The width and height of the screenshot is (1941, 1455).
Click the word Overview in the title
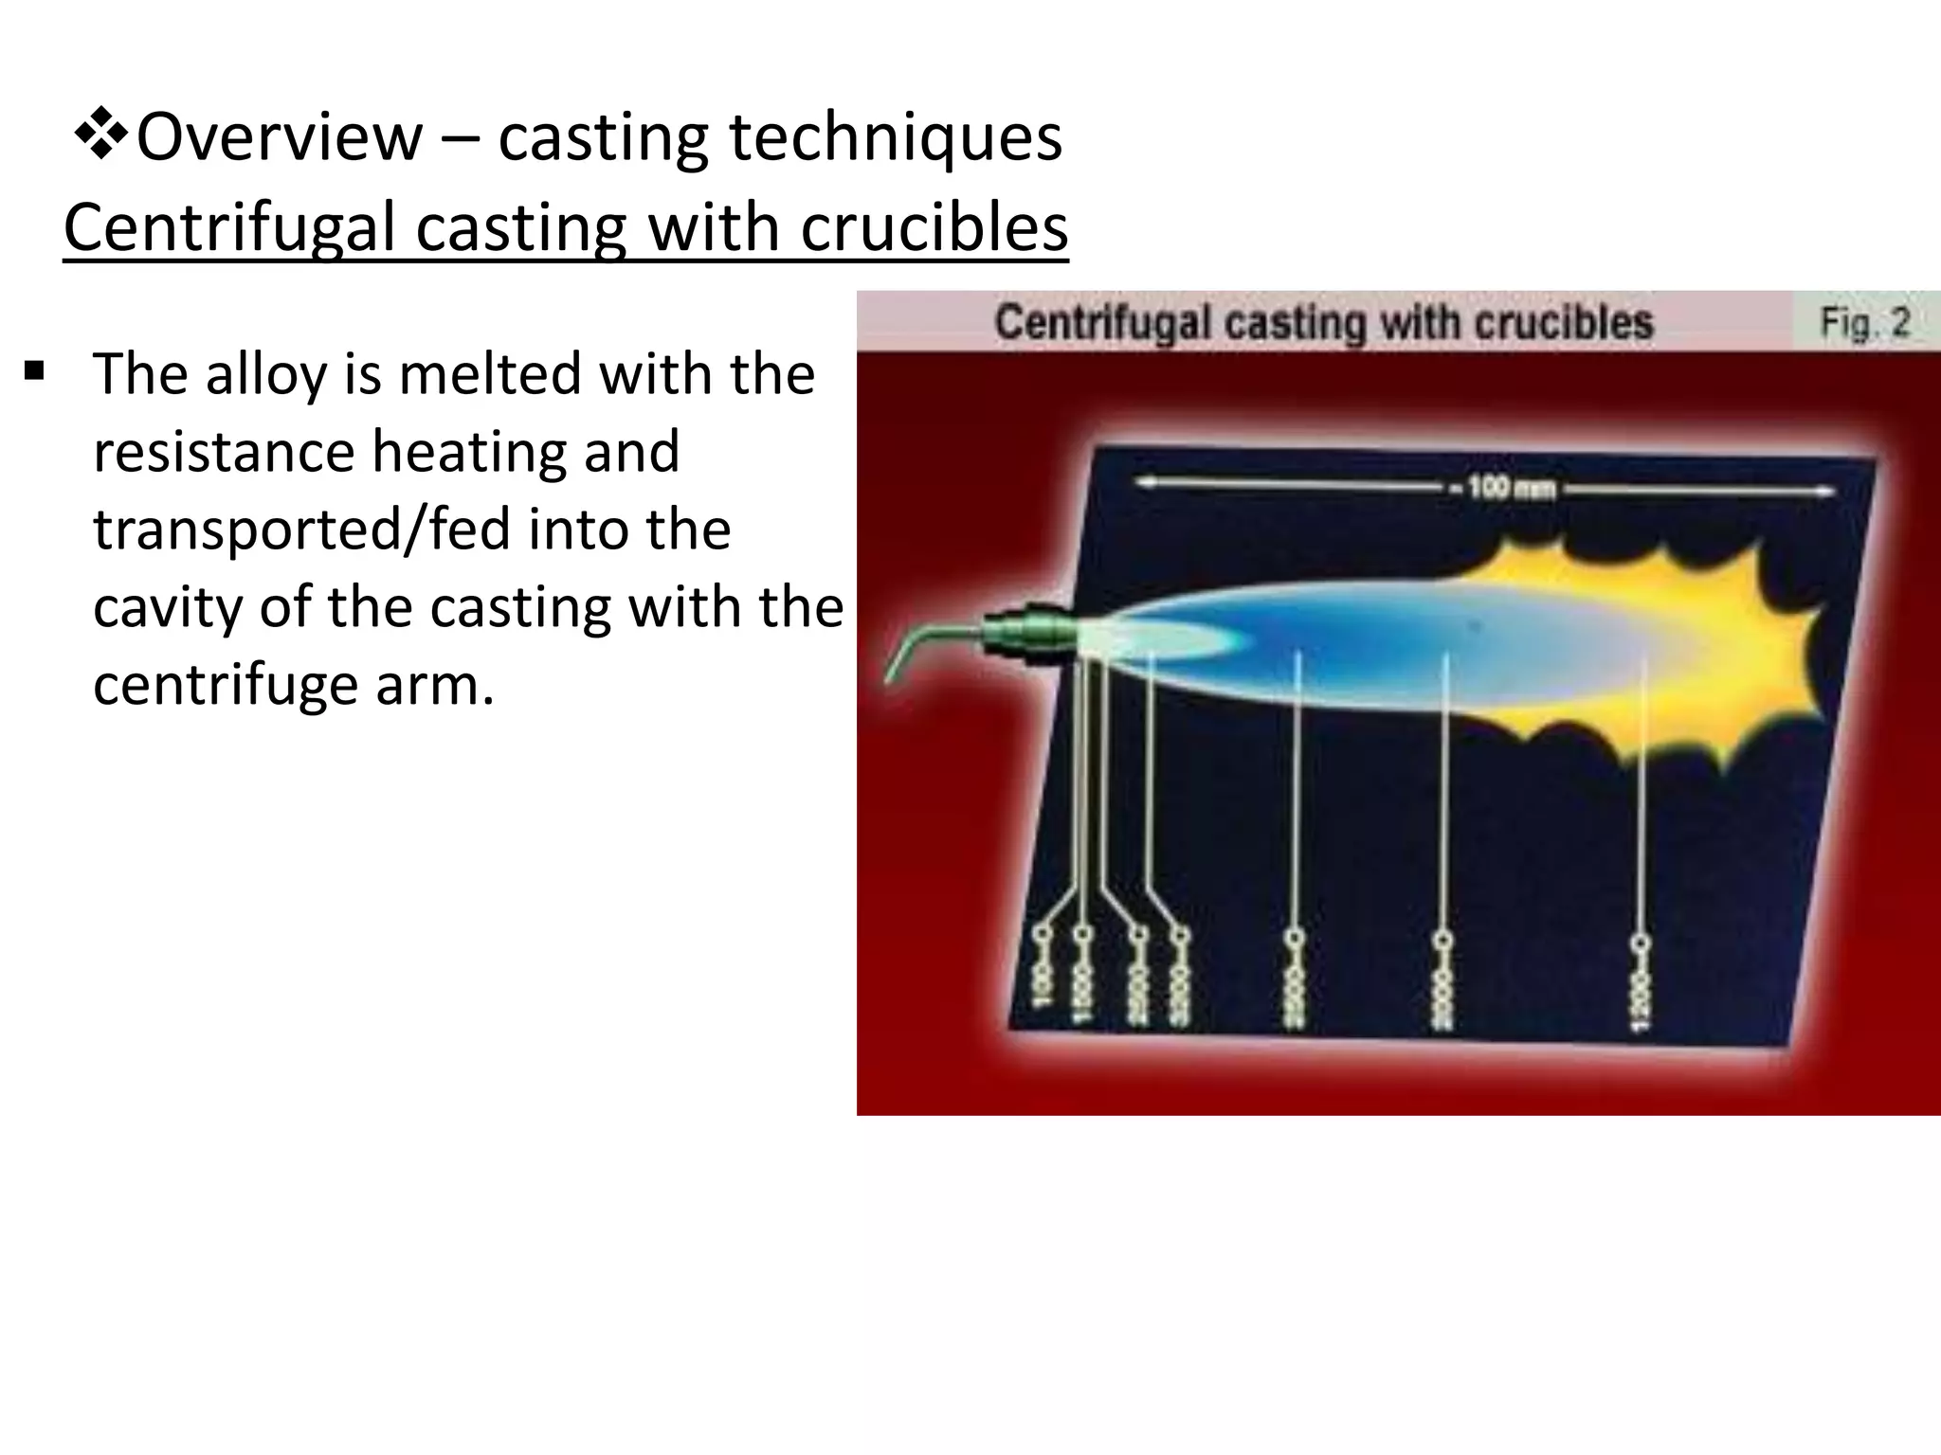point(280,138)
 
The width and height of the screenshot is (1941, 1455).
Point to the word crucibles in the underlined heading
point(934,228)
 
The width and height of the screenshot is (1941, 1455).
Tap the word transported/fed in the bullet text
point(303,529)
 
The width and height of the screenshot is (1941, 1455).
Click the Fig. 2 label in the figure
point(1864,323)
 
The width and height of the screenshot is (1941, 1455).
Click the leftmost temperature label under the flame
point(1042,985)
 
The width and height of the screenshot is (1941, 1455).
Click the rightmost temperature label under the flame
point(1640,990)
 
